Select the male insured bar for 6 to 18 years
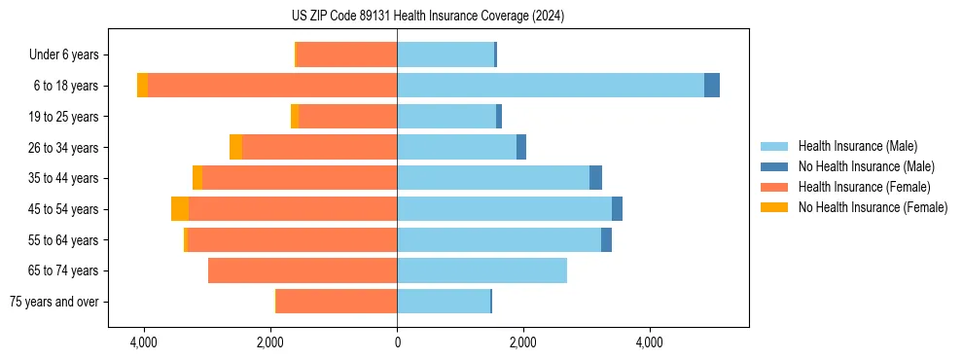pos(550,85)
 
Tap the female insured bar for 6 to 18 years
pos(272,85)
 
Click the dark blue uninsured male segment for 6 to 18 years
pos(712,85)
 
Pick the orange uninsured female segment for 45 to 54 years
pos(180,209)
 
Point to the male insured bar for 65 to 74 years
pos(481,270)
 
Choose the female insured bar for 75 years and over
pos(337,302)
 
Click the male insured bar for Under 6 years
pos(446,54)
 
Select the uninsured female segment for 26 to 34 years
pos(235,147)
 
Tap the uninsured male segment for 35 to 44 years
pos(595,178)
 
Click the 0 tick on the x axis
pos(397,342)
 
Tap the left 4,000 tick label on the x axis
pos(144,342)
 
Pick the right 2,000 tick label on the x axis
pos(523,342)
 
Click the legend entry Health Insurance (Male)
pos(857,146)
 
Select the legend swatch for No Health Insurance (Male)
pos(774,166)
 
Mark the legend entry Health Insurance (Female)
pos(864,187)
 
